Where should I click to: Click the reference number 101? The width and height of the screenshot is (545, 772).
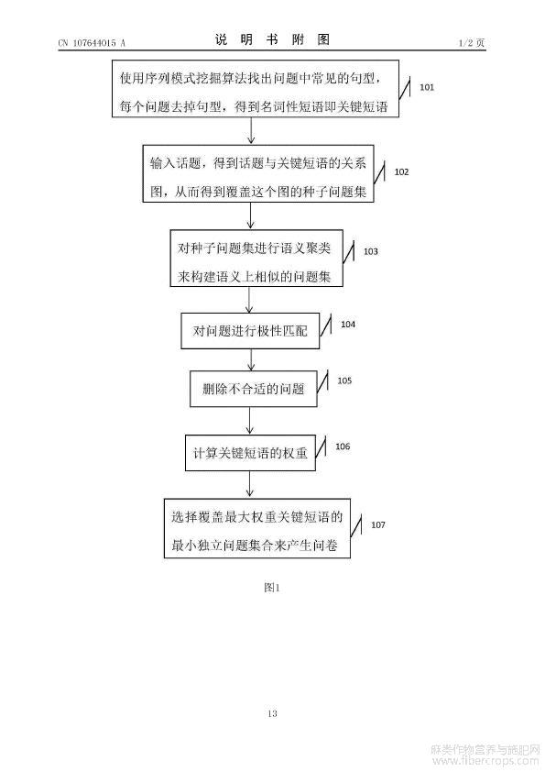coord(427,87)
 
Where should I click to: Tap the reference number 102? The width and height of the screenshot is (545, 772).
coord(401,171)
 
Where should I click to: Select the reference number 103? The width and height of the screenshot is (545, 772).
coord(370,251)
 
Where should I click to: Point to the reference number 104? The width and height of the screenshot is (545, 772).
coord(348,324)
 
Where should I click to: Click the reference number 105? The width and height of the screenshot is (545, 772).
coord(344,380)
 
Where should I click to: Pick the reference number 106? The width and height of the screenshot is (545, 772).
coord(343,447)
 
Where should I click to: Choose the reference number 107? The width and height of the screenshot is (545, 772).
coord(377,524)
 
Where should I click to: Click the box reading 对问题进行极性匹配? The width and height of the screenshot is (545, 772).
coord(250,331)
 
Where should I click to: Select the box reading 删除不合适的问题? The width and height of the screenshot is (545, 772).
coord(254,389)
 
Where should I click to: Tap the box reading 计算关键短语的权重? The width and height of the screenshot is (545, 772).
coord(250,453)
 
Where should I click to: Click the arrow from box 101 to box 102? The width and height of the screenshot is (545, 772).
coord(251,131)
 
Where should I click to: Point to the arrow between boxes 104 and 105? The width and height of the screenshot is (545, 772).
coord(251,360)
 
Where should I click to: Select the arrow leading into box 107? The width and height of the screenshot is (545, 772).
coord(250,484)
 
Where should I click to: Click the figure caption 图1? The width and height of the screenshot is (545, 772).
coord(271,588)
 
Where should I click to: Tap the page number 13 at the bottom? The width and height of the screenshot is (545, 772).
coord(272,713)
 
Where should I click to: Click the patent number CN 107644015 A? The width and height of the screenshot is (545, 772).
coord(92,43)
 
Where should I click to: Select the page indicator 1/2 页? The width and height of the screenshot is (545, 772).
coord(471,43)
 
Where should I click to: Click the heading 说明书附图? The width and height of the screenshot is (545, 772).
coord(272,39)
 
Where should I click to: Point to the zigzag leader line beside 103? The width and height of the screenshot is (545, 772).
coord(348,253)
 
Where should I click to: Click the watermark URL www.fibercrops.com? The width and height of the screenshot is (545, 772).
coord(485,761)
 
